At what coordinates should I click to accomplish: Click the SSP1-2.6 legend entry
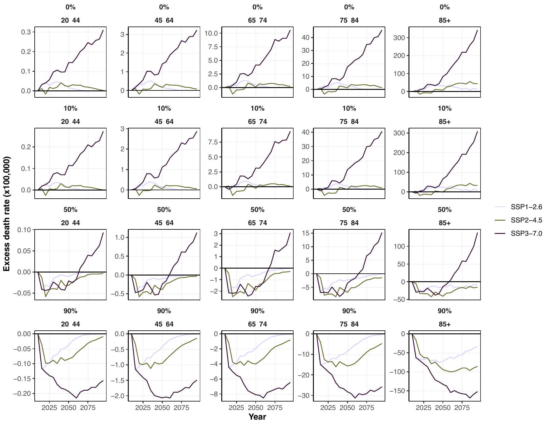[x=526, y=207]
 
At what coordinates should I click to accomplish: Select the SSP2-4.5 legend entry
[x=526, y=220]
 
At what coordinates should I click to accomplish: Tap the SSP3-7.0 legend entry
[x=526, y=233]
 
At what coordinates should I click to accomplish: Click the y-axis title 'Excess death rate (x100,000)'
[x=7, y=214]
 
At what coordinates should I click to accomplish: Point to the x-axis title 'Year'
[x=257, y=417]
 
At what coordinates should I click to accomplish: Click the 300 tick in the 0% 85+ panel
[x=399, y=38]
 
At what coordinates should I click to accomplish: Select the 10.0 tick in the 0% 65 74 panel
[x=211, y=33]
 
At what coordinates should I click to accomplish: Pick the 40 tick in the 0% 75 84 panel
[x=306, y=38]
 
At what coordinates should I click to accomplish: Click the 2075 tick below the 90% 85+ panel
[x=462, y=408]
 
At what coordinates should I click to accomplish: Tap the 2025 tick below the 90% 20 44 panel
[x=49, y=408]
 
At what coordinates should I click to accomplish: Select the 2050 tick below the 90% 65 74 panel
[x=255, y=408]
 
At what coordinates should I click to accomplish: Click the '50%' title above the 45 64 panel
[x=164, y=210]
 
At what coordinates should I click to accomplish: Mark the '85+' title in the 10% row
[x=444, y=122]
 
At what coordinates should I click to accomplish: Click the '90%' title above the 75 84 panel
[x=349, y=311]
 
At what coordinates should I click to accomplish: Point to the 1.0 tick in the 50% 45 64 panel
[x=120, y=237]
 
